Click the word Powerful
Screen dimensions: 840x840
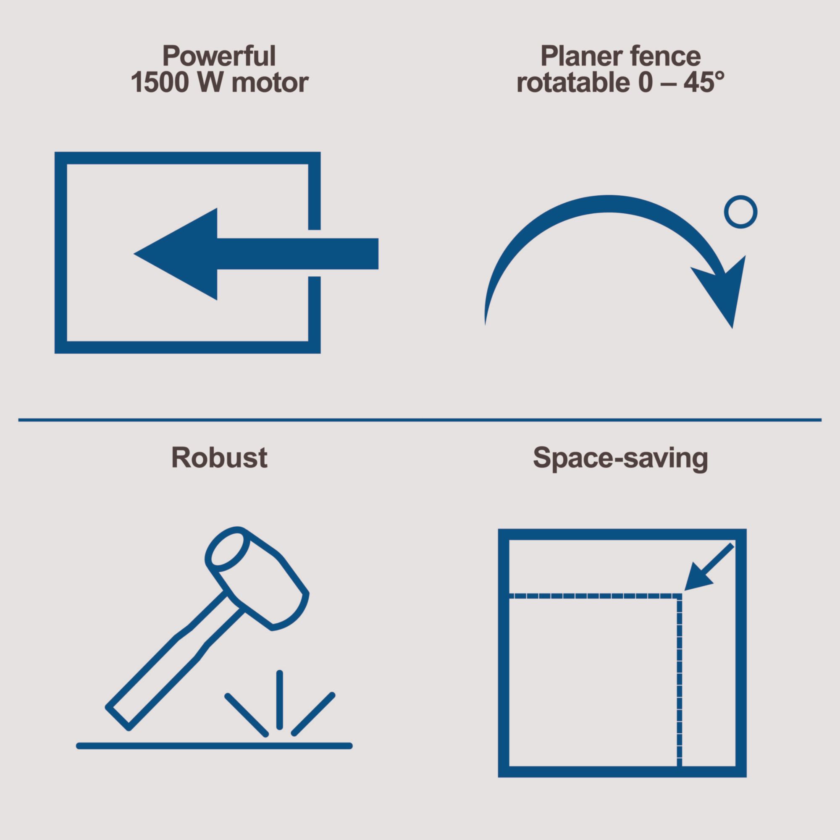point(220,56)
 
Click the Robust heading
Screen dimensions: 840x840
point(220,457)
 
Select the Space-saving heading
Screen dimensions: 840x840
point(620,459)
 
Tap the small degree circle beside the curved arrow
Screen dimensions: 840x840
point(740,213)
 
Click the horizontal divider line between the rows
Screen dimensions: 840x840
point(420,420)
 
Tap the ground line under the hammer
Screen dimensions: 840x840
point(214,746)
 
